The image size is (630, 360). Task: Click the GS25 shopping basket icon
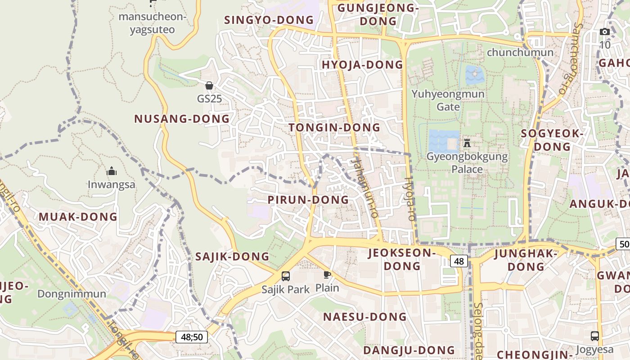209,85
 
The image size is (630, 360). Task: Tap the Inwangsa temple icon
112,171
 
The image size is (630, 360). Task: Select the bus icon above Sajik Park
286,276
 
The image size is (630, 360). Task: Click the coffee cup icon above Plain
327,274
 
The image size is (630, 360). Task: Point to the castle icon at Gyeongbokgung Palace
467,144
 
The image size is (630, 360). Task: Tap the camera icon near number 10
605,31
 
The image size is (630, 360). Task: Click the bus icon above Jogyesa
594,336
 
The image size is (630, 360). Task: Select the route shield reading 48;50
192,337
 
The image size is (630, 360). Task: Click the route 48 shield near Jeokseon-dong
459,261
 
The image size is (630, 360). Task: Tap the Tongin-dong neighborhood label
335,128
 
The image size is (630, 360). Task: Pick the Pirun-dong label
308,200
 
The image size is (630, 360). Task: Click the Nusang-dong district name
182,119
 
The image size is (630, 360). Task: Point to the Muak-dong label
78,217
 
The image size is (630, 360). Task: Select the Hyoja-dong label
362,65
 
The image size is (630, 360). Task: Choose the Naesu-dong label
365,317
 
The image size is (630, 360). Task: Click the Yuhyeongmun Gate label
448,100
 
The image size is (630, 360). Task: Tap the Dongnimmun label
72,294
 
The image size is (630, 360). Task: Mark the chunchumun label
520,52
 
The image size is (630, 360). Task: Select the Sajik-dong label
232,257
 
